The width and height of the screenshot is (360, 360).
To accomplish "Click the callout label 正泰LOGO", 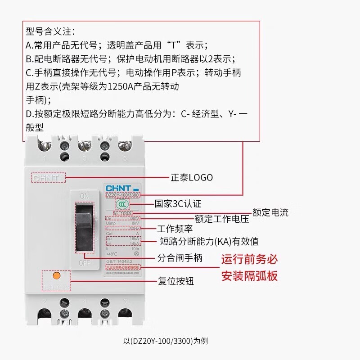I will [x=192, y=177].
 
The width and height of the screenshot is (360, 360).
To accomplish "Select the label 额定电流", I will [x=270, y=212].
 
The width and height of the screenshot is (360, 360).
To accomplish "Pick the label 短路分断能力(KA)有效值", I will [x=209, y=242].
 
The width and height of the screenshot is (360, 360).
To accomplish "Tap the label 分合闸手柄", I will [x=180, y=258].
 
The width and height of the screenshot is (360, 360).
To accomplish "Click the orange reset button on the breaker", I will [x=57, y=275].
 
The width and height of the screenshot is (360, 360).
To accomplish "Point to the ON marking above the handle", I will [x=84, y=196].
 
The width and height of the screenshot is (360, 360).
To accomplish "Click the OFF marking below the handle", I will [x=84, y=262].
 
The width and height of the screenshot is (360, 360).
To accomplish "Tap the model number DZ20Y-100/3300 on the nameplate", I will [x=122, y=195].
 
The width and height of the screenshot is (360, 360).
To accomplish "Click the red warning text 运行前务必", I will [x=249, y=260].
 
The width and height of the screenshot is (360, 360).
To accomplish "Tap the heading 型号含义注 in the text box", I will [x=50, y=31].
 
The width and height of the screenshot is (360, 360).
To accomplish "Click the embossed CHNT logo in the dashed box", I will [x=48, y=178].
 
